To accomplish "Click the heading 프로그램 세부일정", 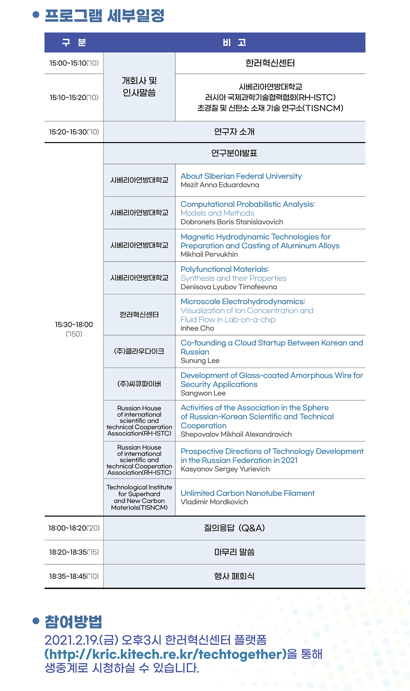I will [105, 16].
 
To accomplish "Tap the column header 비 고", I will [234, 42].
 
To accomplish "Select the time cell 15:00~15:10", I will [74, 63].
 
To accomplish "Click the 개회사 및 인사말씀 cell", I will [139, 87].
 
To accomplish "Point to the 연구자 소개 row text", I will [234, 132].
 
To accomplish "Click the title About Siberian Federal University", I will [241, 176].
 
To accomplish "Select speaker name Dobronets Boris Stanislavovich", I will [232, 222].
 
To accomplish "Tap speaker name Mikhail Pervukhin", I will [209, 254].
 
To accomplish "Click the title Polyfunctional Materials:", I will [224, 270].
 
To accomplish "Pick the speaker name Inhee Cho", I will [197, 328].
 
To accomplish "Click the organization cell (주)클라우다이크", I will [139, 351].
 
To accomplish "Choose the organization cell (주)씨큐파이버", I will [139, 384].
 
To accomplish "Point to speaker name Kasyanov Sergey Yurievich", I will [225, 469].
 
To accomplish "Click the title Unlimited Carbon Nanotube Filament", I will [247, 493].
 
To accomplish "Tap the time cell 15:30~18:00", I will [74, 325].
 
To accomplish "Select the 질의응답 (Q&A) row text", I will [234, 528].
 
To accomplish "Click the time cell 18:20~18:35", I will [74, 552].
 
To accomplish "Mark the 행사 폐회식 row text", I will [234, 576].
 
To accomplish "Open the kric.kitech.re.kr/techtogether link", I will [165, 654].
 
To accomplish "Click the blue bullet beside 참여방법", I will [36, 620].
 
